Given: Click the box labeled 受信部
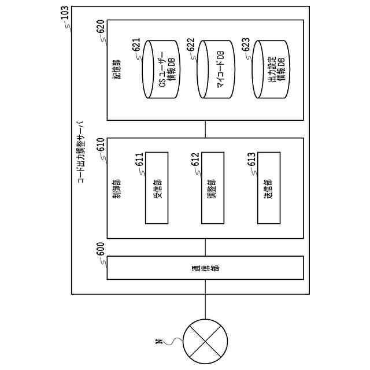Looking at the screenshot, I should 157,188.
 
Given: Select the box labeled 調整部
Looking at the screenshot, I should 213,188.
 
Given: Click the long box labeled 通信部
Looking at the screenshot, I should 205,268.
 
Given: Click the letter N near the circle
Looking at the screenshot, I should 158,342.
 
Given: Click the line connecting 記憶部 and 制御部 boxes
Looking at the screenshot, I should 205,129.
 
